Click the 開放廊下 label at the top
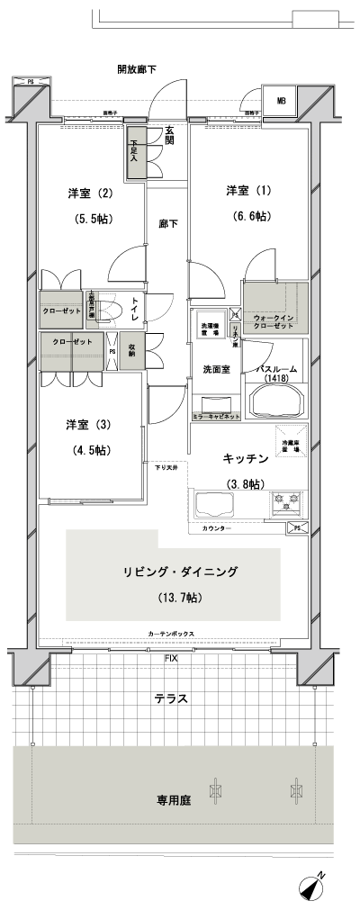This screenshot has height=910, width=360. [137, 69]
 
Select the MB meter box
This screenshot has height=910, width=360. [281, 100]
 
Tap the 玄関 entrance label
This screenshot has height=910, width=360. [169, 135]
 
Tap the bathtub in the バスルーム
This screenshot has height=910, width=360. [276, 400]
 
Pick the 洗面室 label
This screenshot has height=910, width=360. [216, 368]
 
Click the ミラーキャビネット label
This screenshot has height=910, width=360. [217, 418]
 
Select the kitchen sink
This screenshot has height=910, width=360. [212, 506]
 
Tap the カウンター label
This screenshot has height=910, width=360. [216, 527]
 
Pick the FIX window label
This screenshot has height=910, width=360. [170, 659]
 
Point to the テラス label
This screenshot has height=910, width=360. [171, 698]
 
